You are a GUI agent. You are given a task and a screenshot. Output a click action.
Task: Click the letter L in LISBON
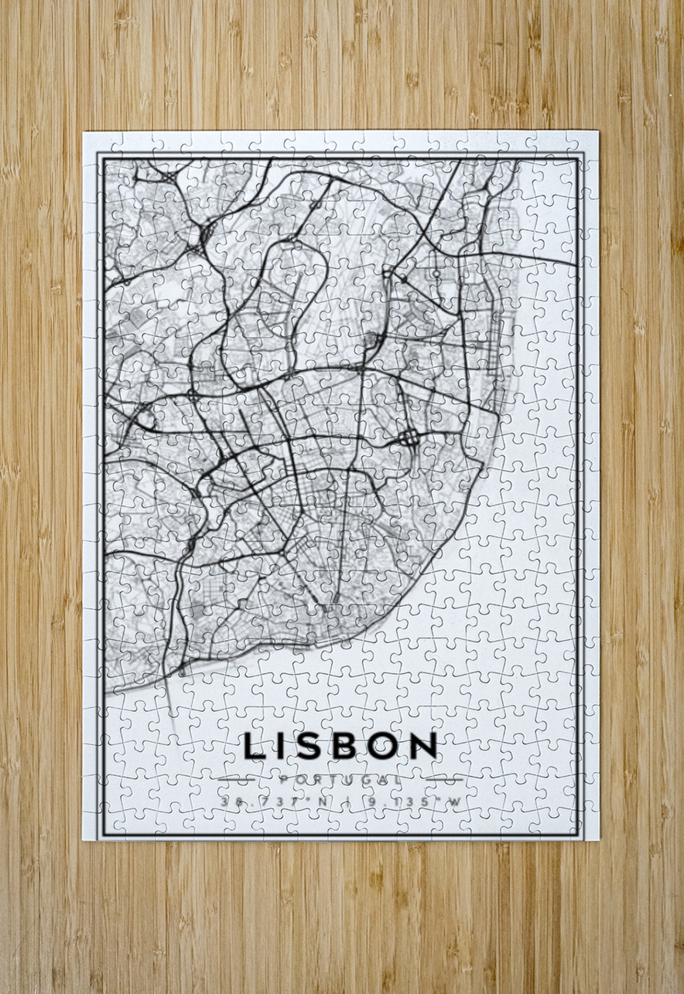tap(254, 746)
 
